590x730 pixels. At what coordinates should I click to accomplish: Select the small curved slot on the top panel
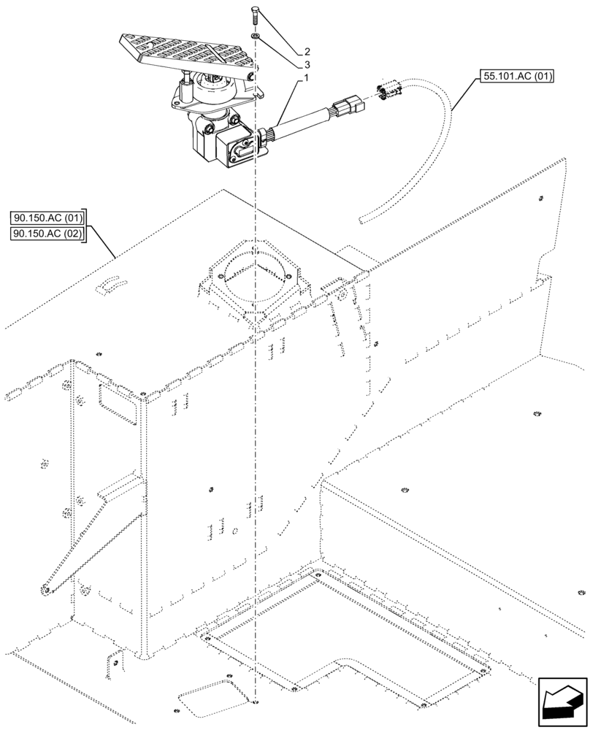[x=112, y=284]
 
